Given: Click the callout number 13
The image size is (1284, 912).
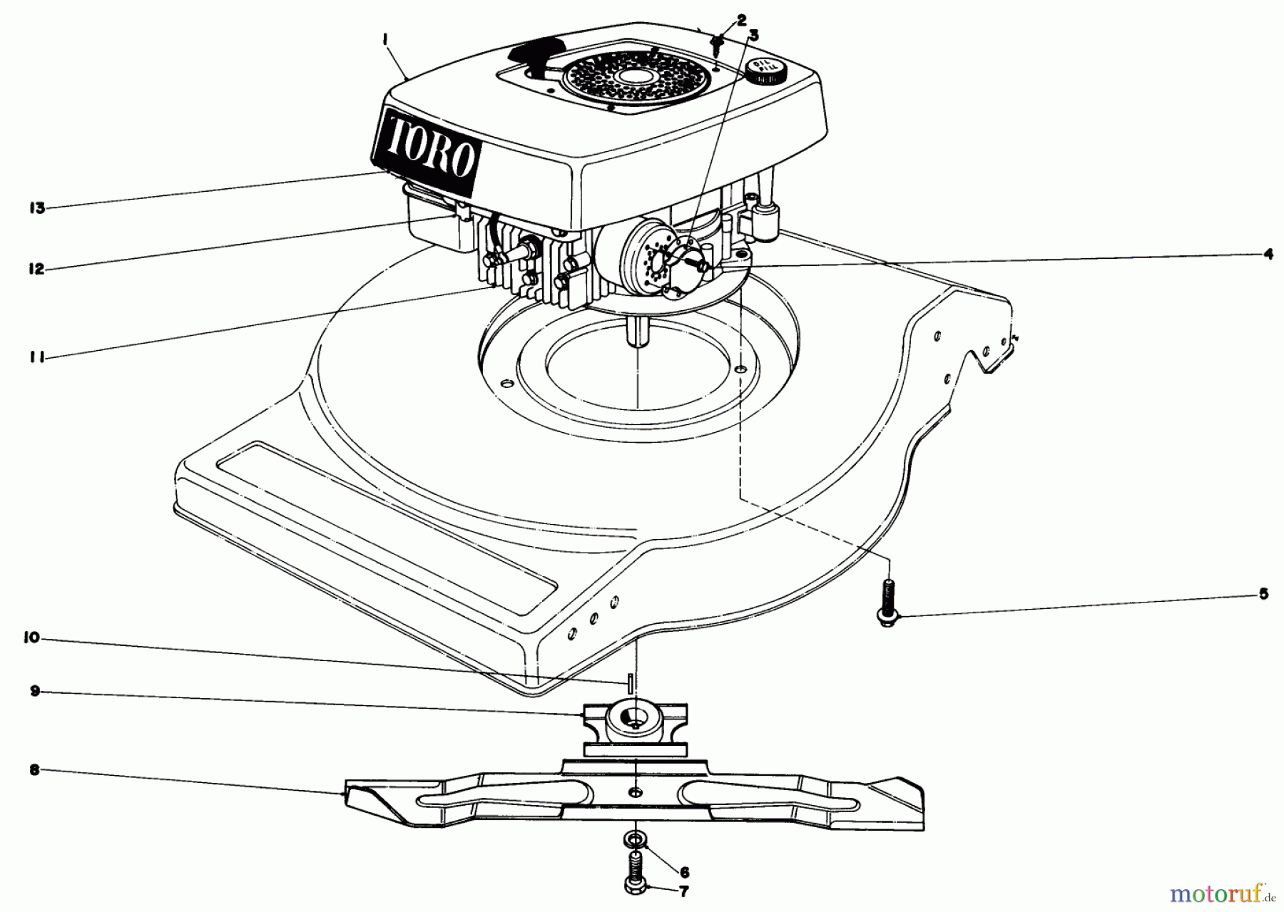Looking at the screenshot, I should pyautogui.click(x=36, y=208).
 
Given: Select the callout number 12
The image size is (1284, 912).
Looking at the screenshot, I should pyautogui.click(x=36, y=269).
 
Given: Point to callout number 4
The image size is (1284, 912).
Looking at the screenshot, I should pyautogui.click(x=1268, y=253).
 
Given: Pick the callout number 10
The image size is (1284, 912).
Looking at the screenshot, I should pyautogui.click(x=32, y=639).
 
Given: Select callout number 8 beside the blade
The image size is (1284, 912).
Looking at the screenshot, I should pyautogui.click(x=33, y=769).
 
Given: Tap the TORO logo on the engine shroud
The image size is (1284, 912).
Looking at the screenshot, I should pyautogui.click(x=427, y=151).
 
